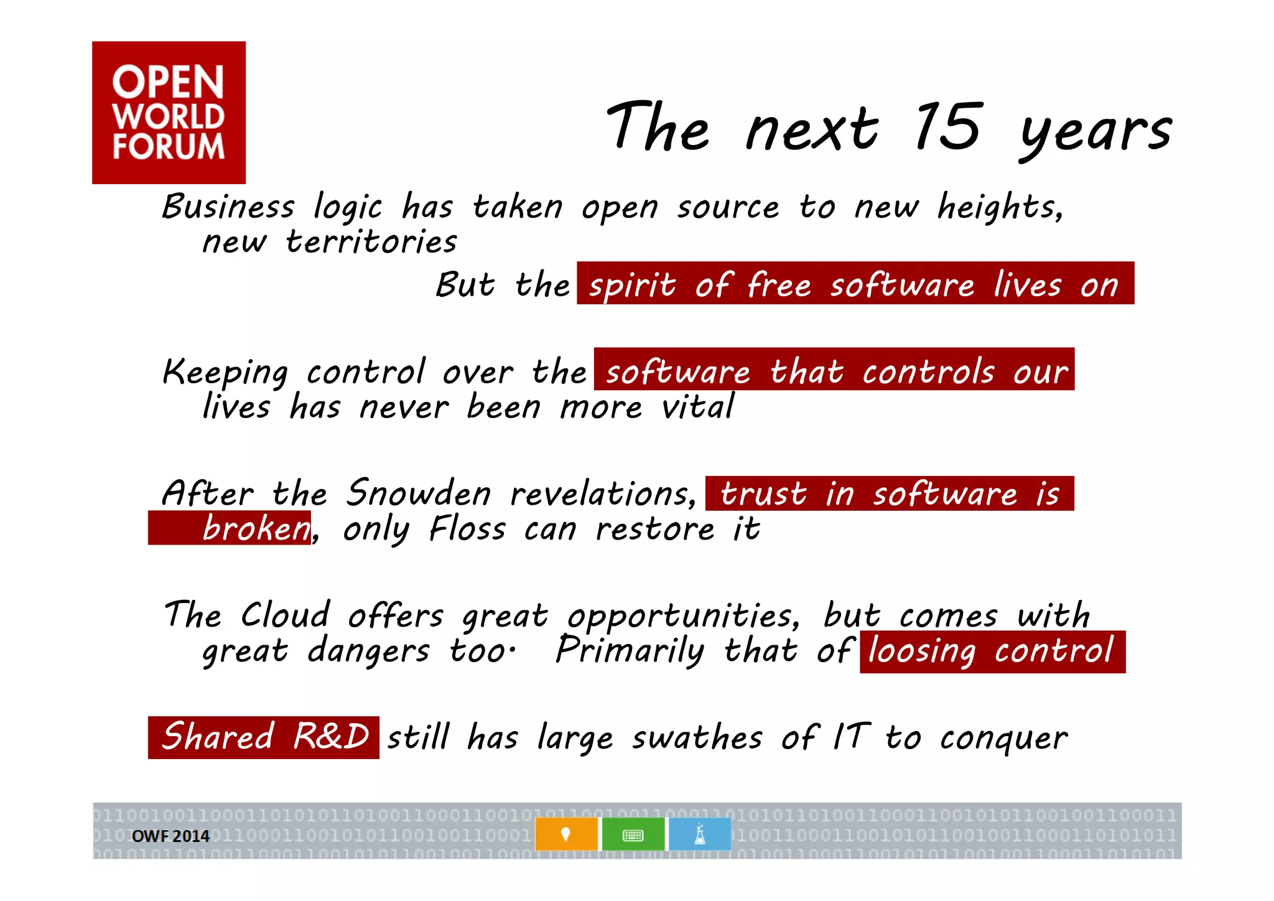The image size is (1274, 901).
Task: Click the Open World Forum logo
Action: point(169,113)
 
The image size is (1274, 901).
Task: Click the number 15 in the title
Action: point(948,127)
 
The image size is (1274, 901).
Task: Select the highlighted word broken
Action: point(256,529)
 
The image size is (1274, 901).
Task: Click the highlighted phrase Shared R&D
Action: point(264,737)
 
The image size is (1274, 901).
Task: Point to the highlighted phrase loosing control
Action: point(992,651)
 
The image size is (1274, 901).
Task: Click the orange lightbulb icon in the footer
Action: point(565,834)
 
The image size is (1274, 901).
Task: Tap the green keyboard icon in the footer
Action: point(633,834)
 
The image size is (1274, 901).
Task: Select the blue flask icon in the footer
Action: point(700,834)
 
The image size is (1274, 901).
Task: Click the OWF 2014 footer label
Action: point(170,836)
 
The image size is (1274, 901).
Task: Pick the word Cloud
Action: point(286,615)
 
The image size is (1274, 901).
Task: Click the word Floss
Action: point(468,529)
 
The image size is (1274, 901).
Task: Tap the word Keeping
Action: point(225,373)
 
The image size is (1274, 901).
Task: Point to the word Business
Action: point(228,207)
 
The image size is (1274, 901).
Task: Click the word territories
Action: point(371,242)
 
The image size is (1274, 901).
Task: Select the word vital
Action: point(697,408)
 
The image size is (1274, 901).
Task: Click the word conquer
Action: point(1003,739)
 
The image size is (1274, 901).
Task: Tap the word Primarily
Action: point(630,651)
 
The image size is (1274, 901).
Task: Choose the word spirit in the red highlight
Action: point(632,286)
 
